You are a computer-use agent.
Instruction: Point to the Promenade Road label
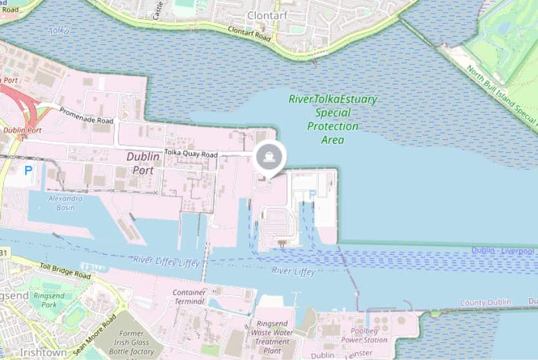point(86,116)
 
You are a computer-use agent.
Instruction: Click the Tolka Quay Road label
point(191,153)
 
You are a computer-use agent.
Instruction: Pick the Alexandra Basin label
point(65,203)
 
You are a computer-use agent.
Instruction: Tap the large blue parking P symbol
point(28,171)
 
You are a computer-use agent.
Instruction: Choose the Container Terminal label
point(190,297)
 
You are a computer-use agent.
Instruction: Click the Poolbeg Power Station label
point(364,335)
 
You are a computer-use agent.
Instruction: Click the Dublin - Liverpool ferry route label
point(503,250)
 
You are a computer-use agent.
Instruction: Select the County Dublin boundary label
point(485,303)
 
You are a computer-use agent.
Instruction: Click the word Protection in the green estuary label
point(332,126)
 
